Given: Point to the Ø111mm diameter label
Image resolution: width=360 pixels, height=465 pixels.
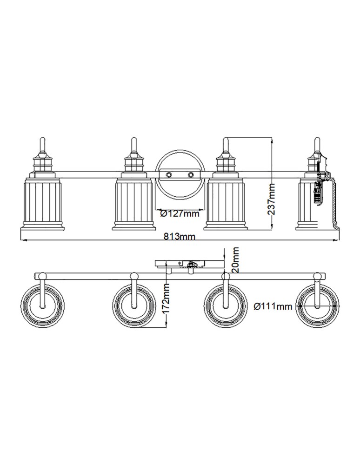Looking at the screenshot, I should [273, 306].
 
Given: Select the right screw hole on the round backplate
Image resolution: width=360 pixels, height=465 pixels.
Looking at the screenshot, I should [190, 174].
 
